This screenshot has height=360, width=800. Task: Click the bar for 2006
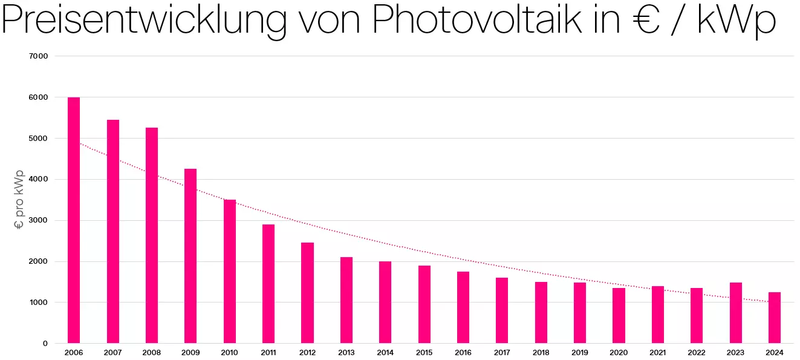pos(74,220)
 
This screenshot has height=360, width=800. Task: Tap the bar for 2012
pos(307,293)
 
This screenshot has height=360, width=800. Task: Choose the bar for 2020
pos(619,315)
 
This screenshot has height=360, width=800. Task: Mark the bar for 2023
pos(736,313)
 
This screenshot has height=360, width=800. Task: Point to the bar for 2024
pos(775,318)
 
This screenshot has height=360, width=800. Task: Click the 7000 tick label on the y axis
pos(39,56)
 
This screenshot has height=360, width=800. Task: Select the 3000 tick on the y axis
pos(39,220)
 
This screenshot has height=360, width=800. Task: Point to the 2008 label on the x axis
pos(152,353)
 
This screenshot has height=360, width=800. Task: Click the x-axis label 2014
pos(385,353)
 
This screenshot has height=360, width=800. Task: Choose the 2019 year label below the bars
pos(580,353)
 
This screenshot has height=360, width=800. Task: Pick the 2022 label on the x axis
pos(697,353)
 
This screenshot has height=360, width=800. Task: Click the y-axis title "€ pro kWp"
pos(19,200)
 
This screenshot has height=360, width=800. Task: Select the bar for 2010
pos(230,272)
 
